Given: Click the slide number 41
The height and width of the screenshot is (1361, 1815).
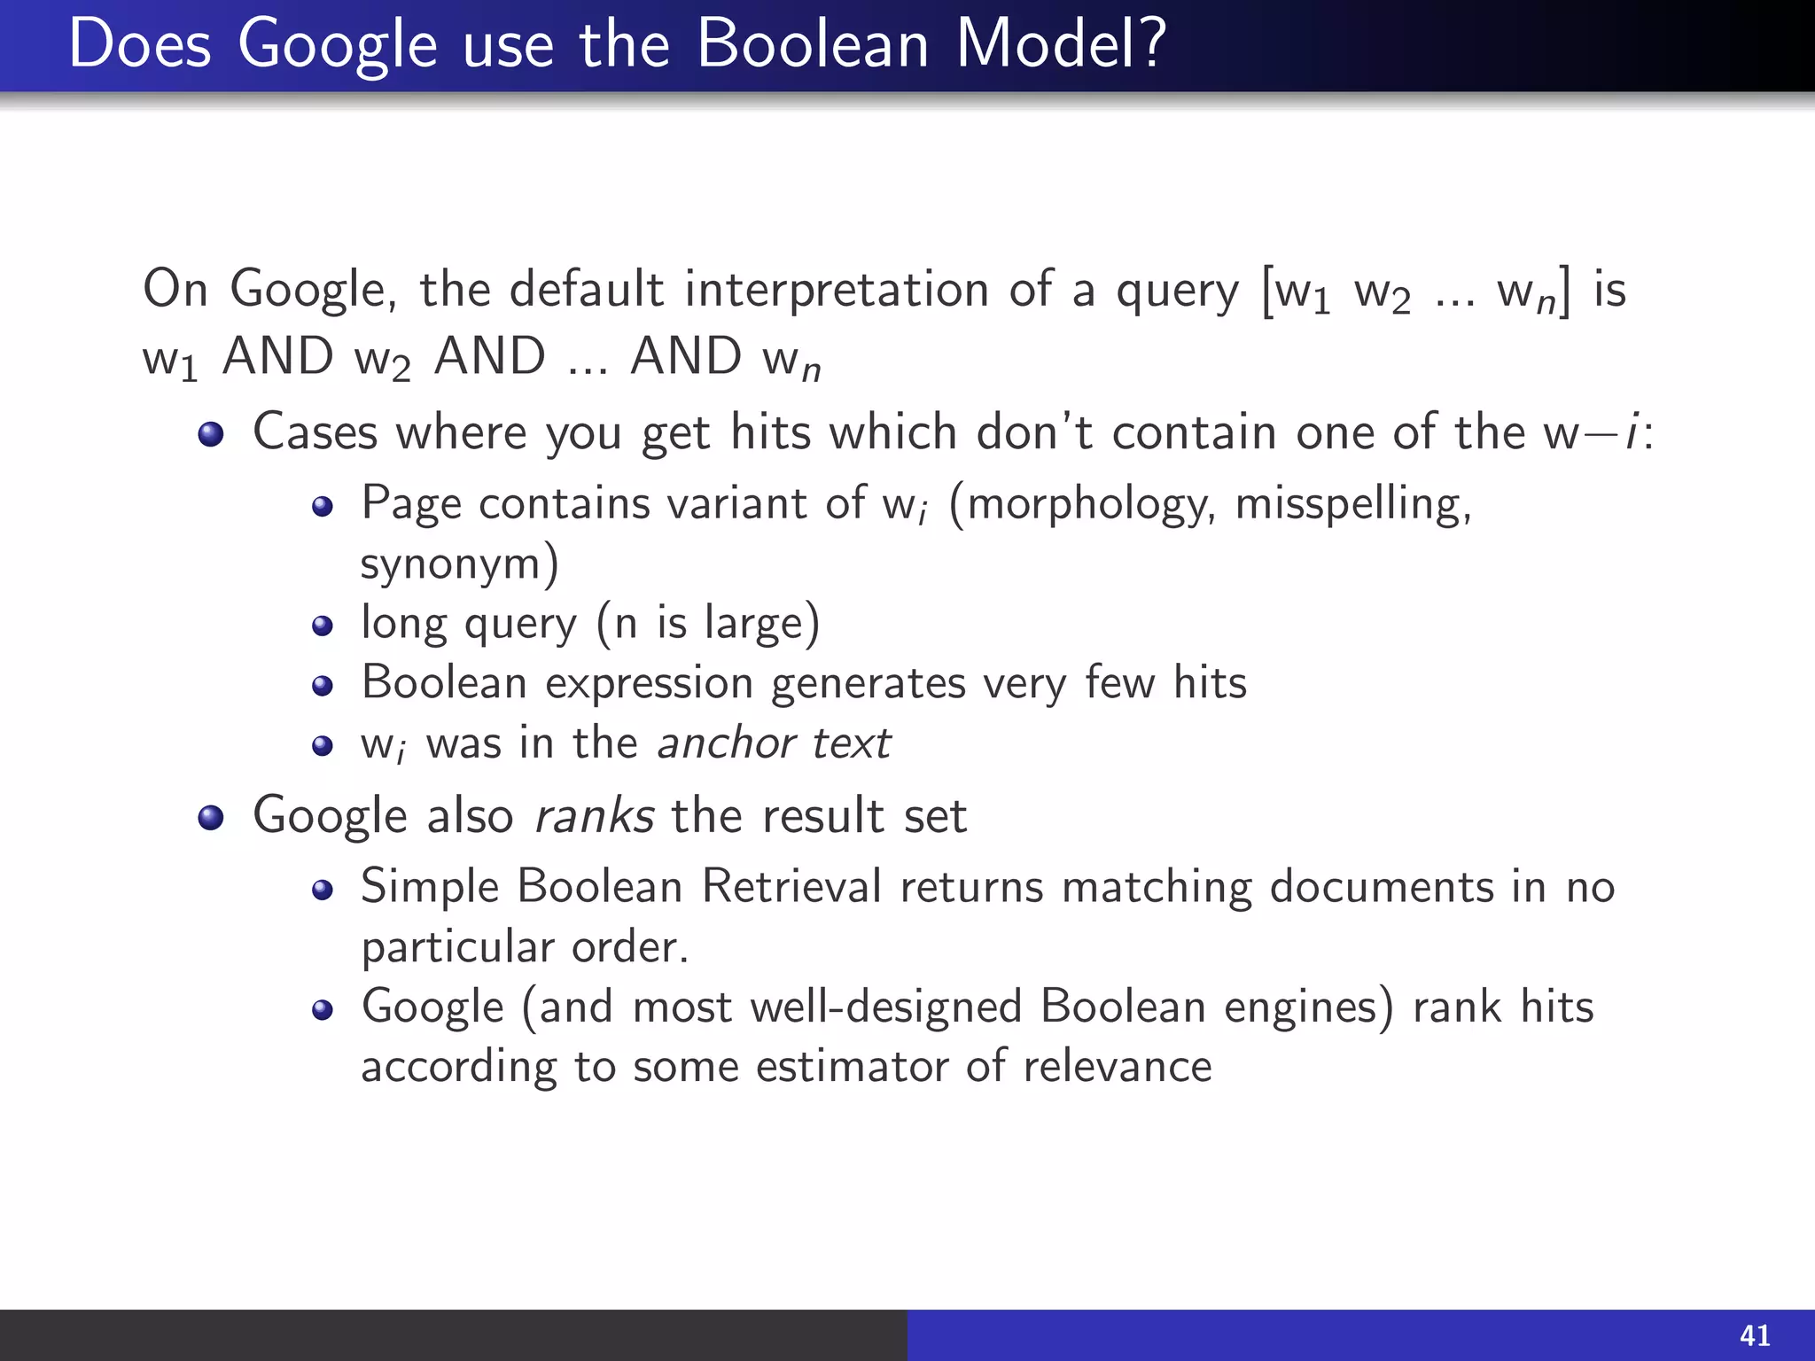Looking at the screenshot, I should [x=1755, y=1335].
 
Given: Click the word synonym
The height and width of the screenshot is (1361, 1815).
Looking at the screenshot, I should [x=458, y=564].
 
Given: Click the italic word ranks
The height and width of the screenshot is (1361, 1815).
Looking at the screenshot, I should [x=595, y=815].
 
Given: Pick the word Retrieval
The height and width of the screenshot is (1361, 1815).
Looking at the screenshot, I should [x=791, y=886].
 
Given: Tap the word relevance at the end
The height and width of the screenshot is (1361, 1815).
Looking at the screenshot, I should [x=1117, y=1066].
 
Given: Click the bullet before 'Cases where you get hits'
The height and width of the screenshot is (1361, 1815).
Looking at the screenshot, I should [x=211, y=434].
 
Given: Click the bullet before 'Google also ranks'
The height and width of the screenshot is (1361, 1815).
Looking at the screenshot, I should [x=211, y=817].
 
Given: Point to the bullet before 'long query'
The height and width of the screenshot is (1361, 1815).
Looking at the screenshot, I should [x=323, y=626].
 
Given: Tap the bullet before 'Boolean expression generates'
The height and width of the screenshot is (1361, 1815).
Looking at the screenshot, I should [x=323, y=686].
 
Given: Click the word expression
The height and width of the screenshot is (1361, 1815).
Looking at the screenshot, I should [x=649, y=684].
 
